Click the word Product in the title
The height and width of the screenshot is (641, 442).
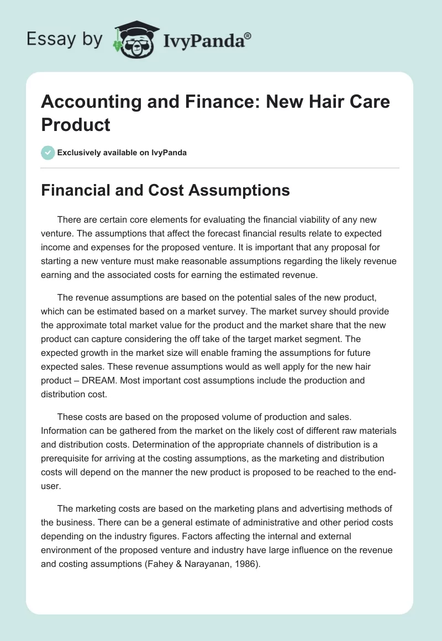(76, 124)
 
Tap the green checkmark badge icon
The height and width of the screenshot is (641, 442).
(49, 153)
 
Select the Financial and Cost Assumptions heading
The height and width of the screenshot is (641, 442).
(166, 190)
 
